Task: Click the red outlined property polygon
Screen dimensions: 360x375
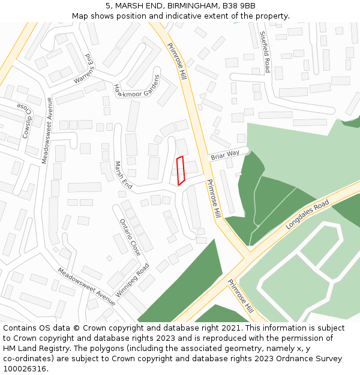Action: point(180,170)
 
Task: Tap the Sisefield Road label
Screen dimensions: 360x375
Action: point(265,51)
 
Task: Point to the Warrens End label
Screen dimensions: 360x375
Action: point(85,68)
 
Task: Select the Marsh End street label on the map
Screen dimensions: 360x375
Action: point(123,175)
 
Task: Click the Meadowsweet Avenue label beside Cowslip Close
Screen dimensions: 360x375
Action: point(47,131)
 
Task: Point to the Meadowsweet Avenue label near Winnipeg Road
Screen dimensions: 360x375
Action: point(86,286)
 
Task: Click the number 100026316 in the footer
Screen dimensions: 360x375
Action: point(25,368)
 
